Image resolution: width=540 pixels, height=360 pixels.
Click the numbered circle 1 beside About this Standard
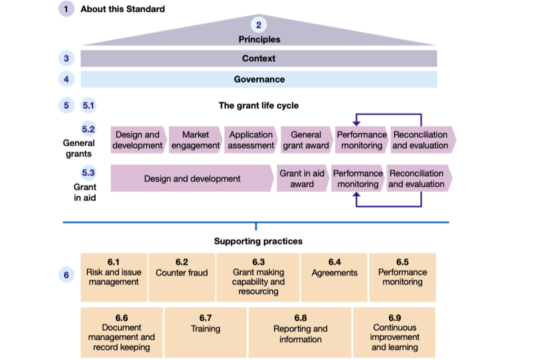(x=66, y=9)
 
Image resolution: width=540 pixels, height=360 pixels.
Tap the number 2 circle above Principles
(x=259, y=25)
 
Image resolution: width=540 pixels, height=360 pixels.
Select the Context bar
(x=259, y=58)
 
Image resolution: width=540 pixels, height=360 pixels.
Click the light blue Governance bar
(x=259, y=79)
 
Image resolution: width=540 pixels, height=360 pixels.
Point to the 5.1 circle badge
(x=89, y=105)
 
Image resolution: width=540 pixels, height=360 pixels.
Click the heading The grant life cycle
(x=259, y=105)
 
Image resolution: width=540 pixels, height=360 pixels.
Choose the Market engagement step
(x=195, y=140)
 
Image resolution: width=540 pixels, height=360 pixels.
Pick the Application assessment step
(x=251, y=140)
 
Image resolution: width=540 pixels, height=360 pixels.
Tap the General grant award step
(x=306, y=140)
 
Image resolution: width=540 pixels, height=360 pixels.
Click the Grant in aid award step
(x=302, y=178)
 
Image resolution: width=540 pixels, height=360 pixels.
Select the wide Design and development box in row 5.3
(x=192, y=178)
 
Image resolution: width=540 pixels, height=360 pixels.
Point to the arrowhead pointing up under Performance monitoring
(x=355, y=195)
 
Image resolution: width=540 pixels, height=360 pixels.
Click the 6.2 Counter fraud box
(x=182, y=277)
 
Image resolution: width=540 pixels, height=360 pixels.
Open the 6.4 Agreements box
(x=335, y=277)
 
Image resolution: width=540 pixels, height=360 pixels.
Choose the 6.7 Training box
(x=205, y=332)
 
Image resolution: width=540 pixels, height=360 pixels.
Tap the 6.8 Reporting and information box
(x=300, y=332)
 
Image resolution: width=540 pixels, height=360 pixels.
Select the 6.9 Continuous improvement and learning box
(x=394, y=332)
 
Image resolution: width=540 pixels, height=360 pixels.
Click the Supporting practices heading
(x=258, y=241)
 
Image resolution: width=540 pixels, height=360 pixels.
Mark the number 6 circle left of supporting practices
(x=66, y=275)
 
